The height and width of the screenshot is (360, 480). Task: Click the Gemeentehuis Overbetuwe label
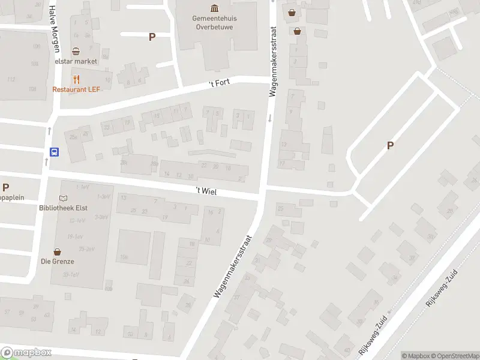[214, 22]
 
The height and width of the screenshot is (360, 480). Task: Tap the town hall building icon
[214, 8]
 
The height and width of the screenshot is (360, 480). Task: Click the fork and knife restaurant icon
[76, 79]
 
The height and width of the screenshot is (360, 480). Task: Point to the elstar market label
[76, 61]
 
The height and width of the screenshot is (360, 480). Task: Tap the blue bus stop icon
[54, 152]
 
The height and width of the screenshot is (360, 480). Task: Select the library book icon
[64, 198]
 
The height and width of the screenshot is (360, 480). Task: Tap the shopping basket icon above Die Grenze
[58, 251]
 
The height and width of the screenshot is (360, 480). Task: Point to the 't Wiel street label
[206, 191]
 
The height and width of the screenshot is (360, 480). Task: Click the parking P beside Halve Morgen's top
[152, 37]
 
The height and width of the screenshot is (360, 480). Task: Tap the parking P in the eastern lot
[391, 145]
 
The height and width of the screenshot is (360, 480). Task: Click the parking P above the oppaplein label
[5, 187]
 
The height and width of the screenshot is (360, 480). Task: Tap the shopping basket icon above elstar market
[76, 52]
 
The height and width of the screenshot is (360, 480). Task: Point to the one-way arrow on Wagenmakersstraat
[270, 118]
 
